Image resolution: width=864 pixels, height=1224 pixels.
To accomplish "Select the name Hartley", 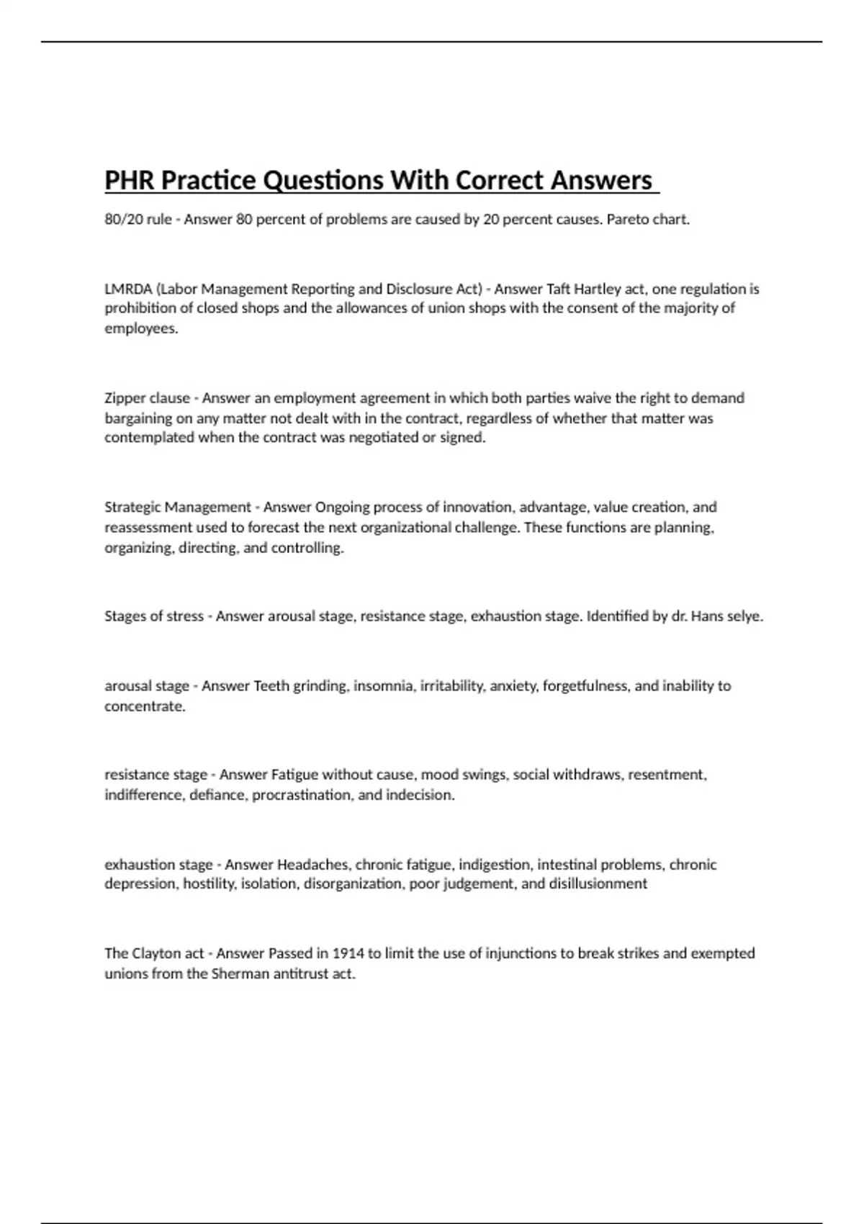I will (x=597, y=289).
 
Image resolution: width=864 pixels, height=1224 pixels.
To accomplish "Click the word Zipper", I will (x=127, y=397).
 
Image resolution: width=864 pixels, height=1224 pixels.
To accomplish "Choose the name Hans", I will (x=708, y=616).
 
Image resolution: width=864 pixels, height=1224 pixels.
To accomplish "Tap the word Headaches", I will (x=313, y=864).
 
